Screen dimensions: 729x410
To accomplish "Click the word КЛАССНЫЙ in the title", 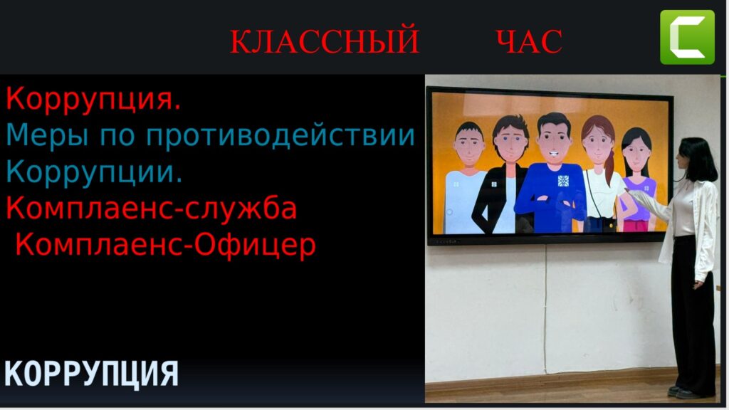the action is click(325, 41).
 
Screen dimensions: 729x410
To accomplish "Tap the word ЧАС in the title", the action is click(529, 41).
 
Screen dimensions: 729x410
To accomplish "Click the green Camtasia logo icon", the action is click(687, 37).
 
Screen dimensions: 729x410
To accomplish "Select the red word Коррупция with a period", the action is click(93, 100).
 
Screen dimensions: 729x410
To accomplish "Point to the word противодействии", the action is click(280, 136).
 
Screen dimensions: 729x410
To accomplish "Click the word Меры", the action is click(47, 136).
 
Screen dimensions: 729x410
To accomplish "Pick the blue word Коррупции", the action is click(94, 172).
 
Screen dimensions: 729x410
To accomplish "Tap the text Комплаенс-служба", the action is click(151, 208).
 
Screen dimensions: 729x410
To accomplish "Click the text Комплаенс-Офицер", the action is click(165, 244).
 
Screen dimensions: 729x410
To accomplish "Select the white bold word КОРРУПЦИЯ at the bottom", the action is click(91, 373).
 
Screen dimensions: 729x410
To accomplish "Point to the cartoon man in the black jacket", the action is click(505, 174).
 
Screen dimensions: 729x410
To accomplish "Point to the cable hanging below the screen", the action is click(546, 307).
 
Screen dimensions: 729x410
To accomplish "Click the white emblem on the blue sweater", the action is click(564, 180).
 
